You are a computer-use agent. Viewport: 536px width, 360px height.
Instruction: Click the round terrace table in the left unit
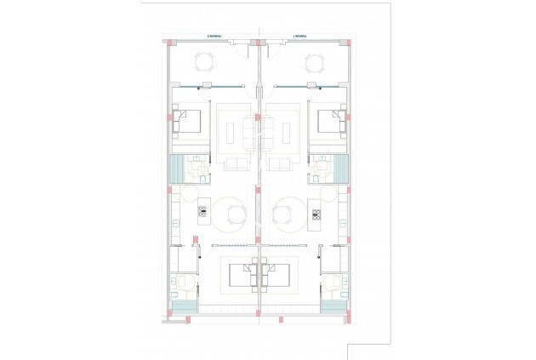pyautogui.click(x=204, y=61)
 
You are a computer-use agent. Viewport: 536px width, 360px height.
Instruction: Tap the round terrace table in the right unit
pyautogui.click(x=313, y=61)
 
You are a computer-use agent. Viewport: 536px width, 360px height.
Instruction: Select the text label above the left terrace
pyautogui.click(x=215, y=36)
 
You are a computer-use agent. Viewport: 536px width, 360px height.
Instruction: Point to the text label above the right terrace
pyautogui.click(x=299, y=36)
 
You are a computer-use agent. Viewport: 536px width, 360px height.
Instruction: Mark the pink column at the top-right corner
pyautogui.click(x=349, y=41)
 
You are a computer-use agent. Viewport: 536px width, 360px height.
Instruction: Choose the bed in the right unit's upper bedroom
pyautogui.click(x=330, y=122)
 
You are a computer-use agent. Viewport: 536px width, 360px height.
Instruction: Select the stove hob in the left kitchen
pyautogui.click(x=202, y=212)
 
